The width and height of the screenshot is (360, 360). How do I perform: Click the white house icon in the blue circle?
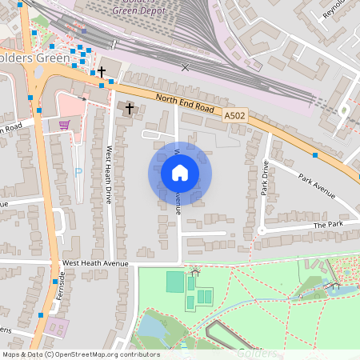(x=180, y=172)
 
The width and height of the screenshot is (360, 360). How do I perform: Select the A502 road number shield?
(x=234, y=116)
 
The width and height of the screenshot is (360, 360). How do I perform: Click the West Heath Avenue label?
(x=94, y=263)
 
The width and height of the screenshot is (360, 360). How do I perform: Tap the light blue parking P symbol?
(x=78, y=171)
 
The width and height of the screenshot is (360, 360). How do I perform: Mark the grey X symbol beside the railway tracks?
(x=186, y=67)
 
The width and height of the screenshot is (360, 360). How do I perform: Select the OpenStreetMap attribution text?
(x=80, y=354)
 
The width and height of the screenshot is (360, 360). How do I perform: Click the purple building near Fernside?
(x=56, y=326)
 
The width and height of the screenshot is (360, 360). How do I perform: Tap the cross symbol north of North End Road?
(x=102, y=72)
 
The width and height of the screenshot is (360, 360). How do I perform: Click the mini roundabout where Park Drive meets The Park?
(x=261, y=230)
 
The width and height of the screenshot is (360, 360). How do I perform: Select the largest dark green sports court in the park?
(x=174, y=282)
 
